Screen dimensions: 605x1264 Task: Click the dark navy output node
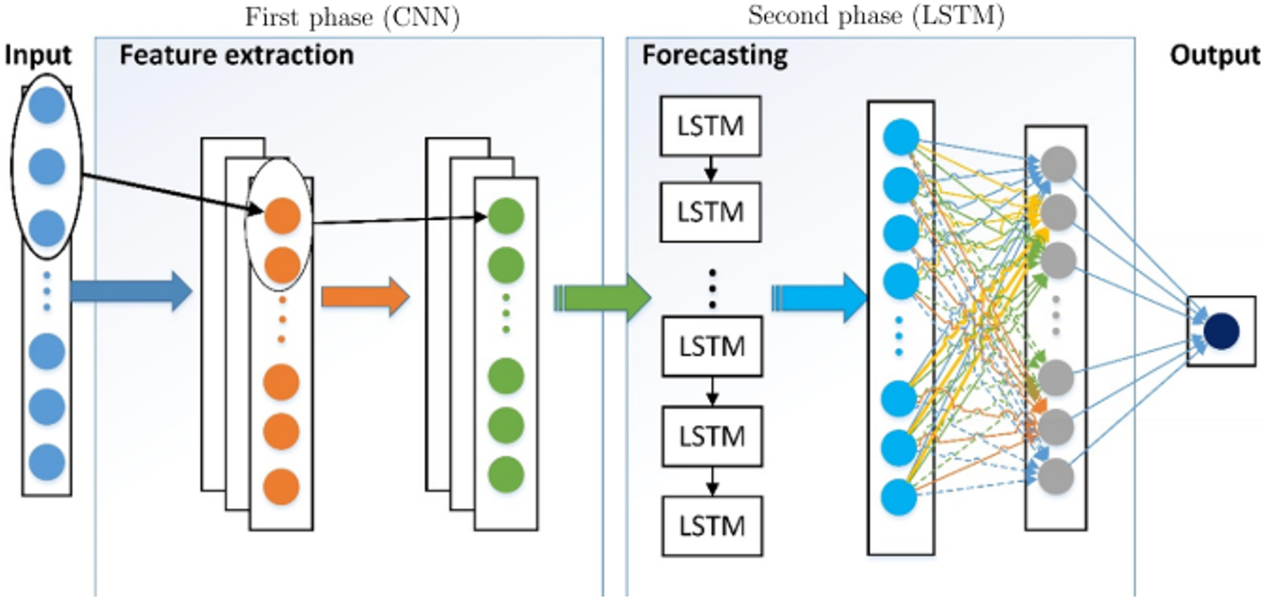(1221, 331)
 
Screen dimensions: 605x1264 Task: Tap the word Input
(37, 55)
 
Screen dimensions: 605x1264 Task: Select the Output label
(1215, 55)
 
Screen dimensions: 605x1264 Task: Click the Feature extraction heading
(237, 55)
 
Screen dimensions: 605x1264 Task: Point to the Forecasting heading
(714, 55)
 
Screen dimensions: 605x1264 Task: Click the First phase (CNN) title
(352, 17)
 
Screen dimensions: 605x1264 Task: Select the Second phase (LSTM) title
(876, 15)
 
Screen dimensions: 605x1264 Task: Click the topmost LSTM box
(711, 126)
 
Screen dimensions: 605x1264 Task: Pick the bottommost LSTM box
(712, 526)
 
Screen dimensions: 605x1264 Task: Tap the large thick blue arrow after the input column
(130, 291)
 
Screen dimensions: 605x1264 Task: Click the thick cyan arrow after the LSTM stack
(819, 297)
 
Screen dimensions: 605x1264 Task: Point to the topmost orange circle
(282, 216)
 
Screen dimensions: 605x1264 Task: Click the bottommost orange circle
(281, 487)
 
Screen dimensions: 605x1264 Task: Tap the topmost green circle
(506, 217)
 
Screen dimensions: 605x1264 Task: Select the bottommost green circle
(506, 475)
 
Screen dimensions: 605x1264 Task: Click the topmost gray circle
(1058, 164)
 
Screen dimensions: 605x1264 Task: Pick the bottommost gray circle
(1056, 476)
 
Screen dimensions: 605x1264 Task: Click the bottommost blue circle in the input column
(47, 462)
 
